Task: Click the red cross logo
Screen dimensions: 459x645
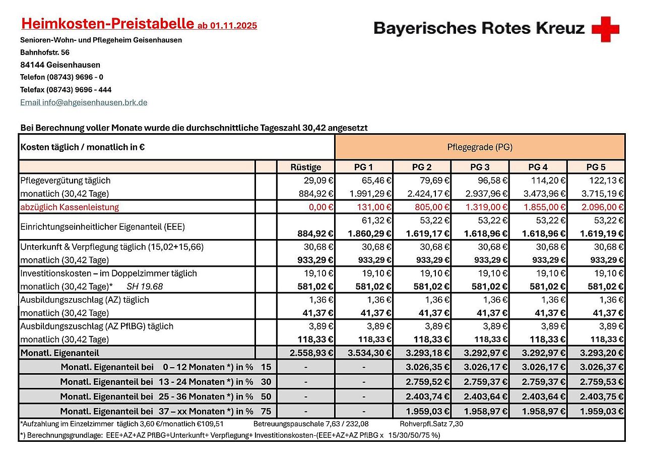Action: [x=605, y=29]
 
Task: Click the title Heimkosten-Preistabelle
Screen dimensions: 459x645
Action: [x=107, y=24]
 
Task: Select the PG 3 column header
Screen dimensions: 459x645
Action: [x=480, y=167]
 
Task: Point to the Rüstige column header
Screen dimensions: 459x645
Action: [x=306, y=167]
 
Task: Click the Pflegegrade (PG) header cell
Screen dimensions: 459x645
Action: [x=480, y=147]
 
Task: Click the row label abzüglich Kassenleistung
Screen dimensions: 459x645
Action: [x=70, y=207]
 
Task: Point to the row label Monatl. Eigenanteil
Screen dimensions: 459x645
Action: [x=60, y=353]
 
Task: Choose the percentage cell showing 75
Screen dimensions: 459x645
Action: [x=266, y=411]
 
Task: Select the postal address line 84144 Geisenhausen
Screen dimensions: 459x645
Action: [x=60, y=65]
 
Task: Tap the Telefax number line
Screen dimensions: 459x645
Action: [x=66, y=90]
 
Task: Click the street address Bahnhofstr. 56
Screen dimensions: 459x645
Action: [x=45, y=52]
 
